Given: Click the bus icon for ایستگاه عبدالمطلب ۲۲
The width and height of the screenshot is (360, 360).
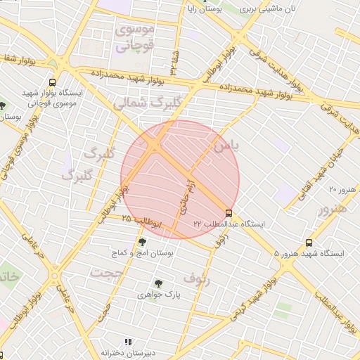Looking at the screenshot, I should click(229, 213).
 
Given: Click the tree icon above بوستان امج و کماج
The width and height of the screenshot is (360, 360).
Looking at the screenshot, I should click(143, 242).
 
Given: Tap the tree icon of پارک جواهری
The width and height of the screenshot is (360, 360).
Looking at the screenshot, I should click(157, 284).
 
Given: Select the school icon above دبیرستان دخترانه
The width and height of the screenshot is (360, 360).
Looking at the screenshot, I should click(127, 342).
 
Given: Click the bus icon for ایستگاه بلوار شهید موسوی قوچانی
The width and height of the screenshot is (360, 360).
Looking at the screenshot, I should click(53, 82).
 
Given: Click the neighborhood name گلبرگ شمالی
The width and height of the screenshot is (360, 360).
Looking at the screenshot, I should click(147, 102).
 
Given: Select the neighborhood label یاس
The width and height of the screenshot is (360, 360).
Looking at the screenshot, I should click(226, 146).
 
